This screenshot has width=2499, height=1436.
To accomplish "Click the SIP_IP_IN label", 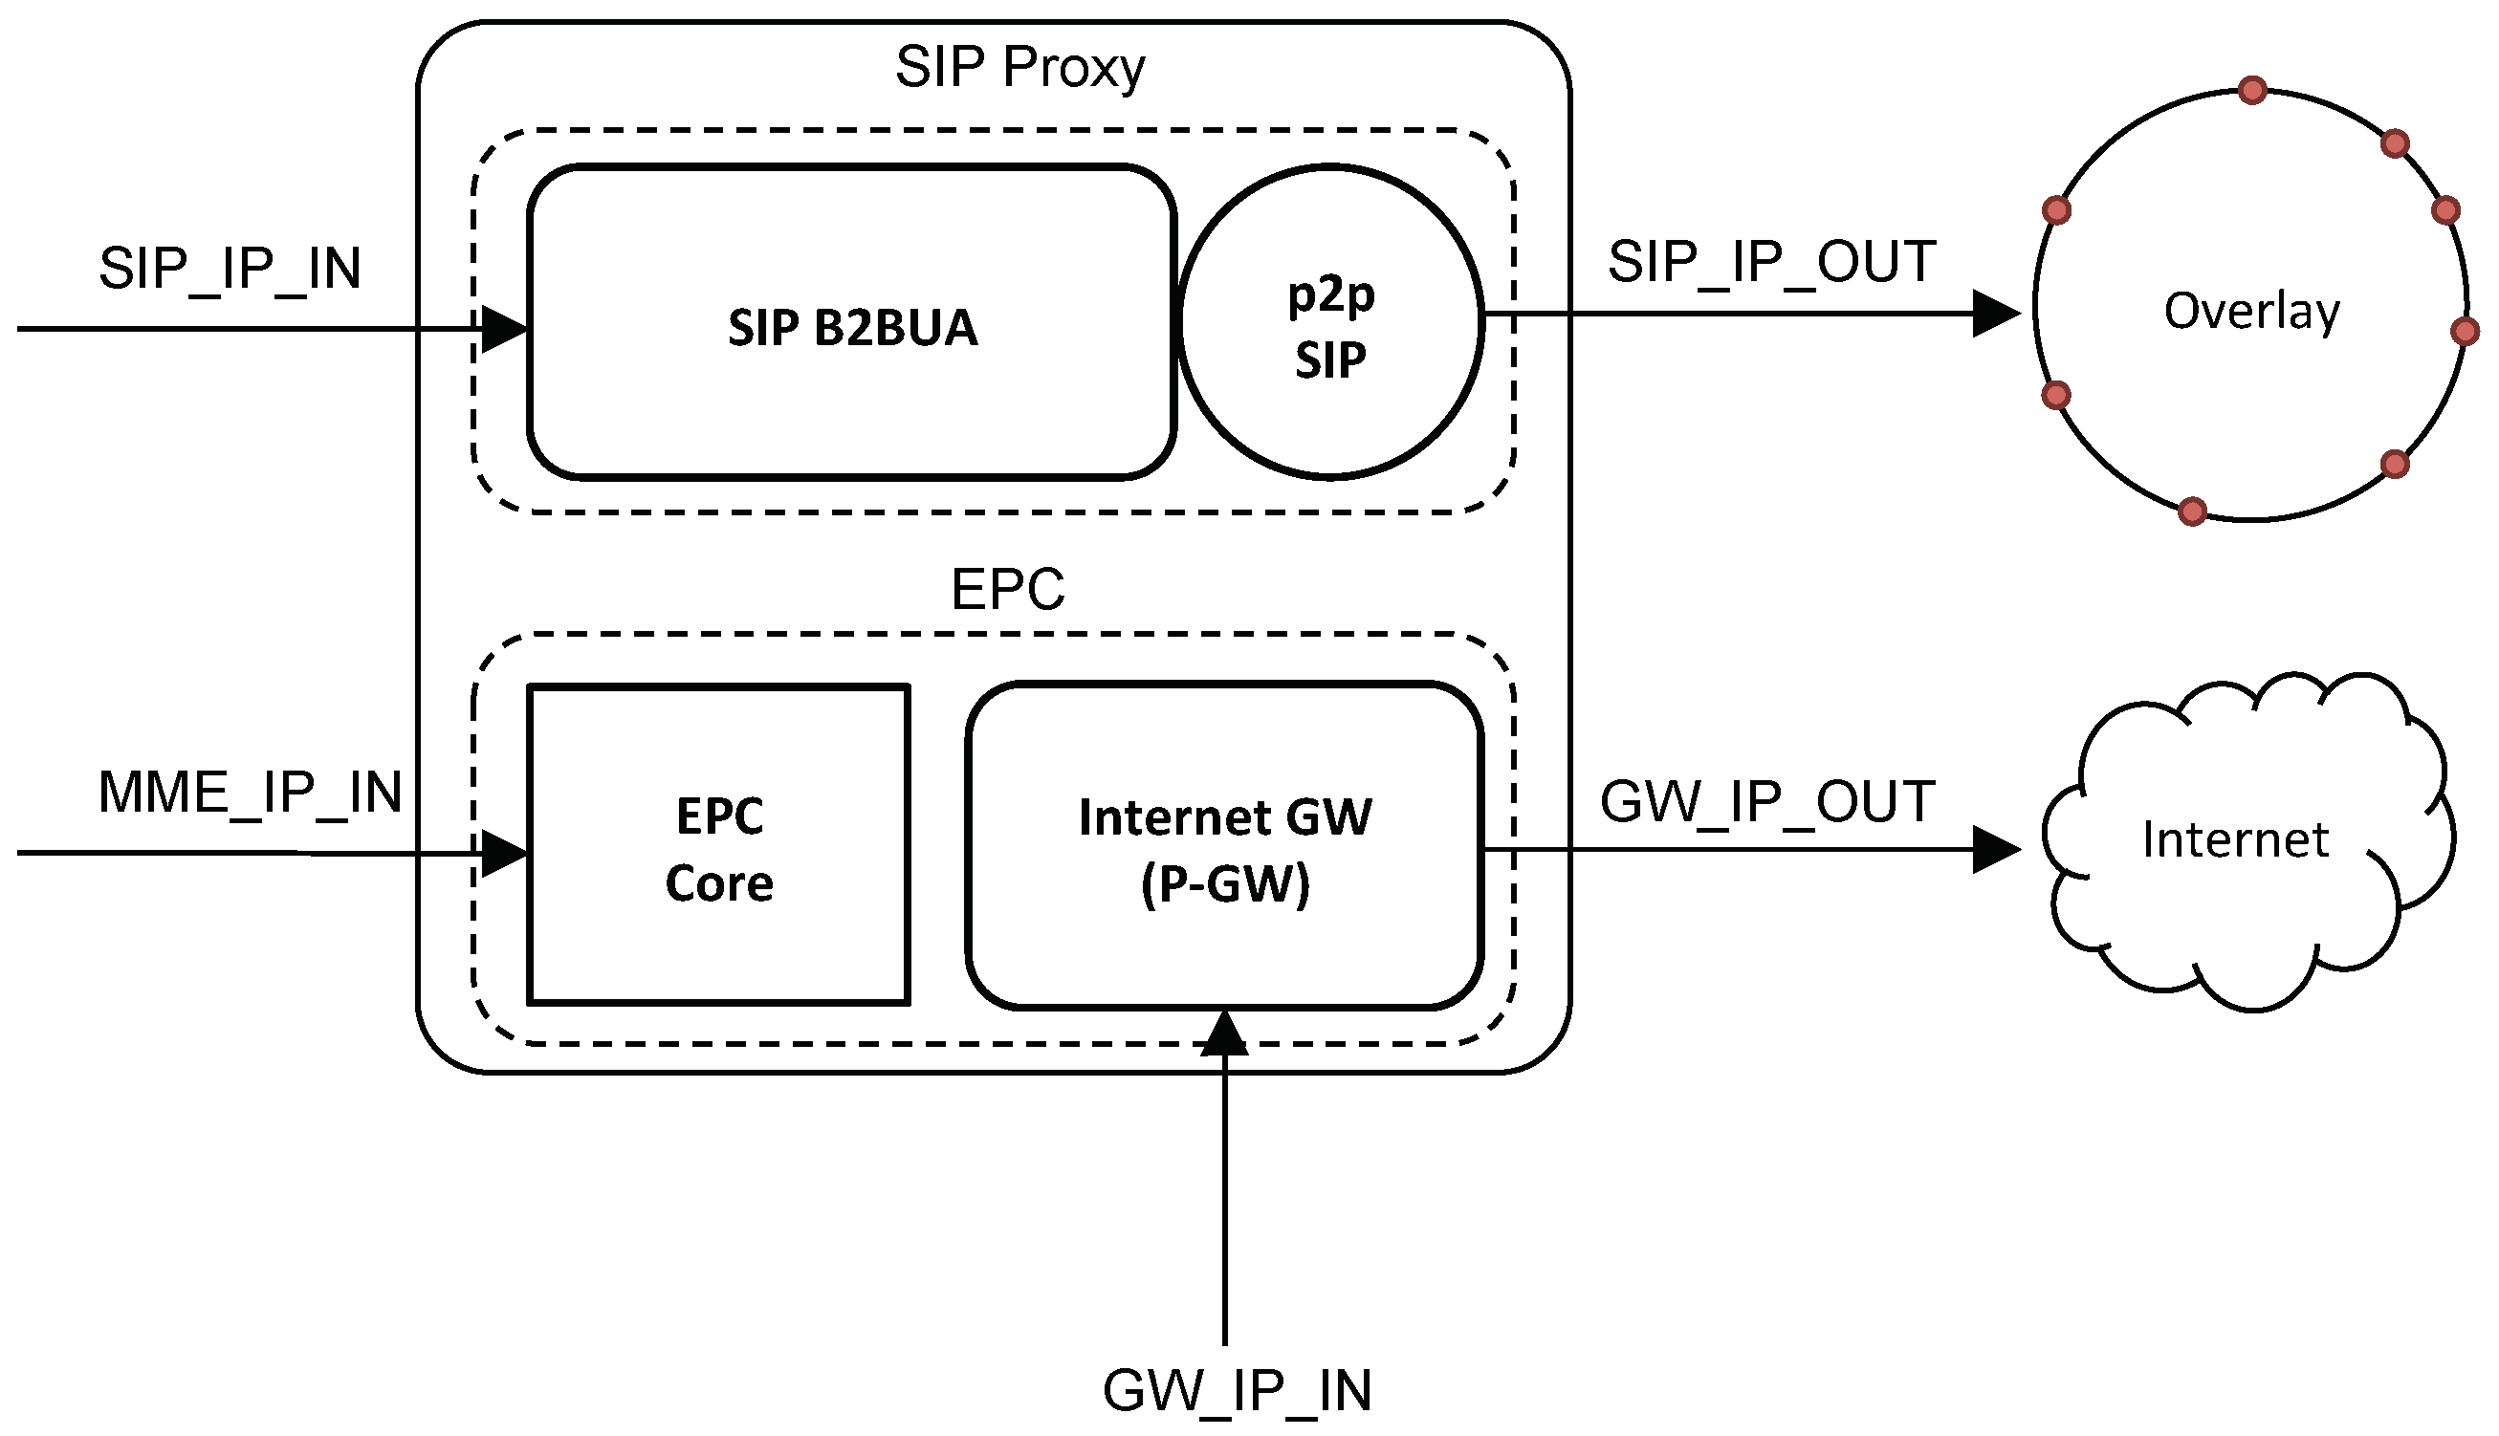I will [x=230, y=269].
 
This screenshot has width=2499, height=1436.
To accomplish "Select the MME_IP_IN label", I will [x=250, y=792].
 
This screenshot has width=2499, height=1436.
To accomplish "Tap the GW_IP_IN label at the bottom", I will [x=1237, y=1391].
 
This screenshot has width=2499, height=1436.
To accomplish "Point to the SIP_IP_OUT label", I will [x=1771, y=262].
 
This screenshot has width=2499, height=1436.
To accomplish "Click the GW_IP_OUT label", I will [x=1767, y=801].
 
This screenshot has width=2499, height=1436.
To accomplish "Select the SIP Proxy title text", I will [x=1019, y=67].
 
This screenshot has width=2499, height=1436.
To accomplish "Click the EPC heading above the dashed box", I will [x=1007, y=590].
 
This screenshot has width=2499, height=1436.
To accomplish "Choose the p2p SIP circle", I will [x=1330, y=323].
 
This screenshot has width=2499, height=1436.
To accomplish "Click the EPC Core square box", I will [x=718, y=846].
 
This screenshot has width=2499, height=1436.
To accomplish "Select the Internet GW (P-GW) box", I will [x=1224, y=846].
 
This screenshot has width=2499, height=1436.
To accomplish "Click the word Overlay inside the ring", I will [x=2250, y=311].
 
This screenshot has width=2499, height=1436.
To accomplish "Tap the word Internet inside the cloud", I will [x=2235, y=839].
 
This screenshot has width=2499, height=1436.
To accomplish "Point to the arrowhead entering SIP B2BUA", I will [x=503, y=329].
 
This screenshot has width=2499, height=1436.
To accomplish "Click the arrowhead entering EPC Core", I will [x=503, y=853].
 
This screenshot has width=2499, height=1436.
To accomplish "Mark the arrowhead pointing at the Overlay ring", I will [x=1994, y=314].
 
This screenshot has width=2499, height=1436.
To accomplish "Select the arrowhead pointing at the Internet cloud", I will [x=1994, y=849].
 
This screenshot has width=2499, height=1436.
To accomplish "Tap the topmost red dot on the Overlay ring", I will [x=2251, y=91].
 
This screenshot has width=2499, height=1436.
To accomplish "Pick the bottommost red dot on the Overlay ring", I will [x=2191, y=511].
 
